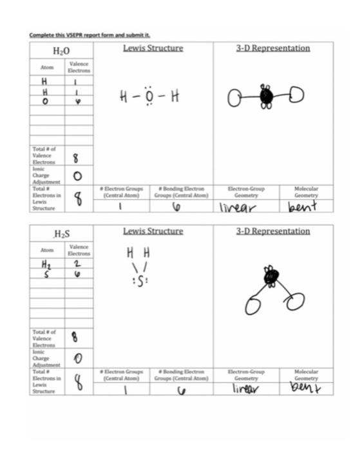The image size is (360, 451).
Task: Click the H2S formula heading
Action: coord(62,235)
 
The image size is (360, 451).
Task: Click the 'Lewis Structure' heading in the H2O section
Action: coord(153,48)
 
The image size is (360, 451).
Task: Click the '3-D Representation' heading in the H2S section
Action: coord(273,231)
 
